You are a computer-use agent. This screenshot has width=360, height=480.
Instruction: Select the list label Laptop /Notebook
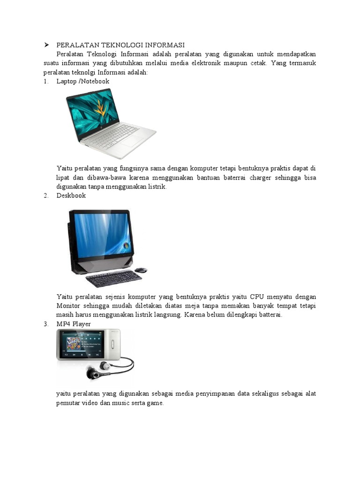[83, 82]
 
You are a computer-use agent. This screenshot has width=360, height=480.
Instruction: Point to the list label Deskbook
[71, 195]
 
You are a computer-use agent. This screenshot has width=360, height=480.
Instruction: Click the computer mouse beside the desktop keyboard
[141, 270]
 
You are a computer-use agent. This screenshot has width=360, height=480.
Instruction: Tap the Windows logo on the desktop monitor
[125, 246]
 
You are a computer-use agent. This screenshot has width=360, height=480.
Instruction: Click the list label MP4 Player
[74, 324]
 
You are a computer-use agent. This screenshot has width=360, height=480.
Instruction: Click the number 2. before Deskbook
[46, 195]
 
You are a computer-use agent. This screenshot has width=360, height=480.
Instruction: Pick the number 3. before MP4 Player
[46, 324]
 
